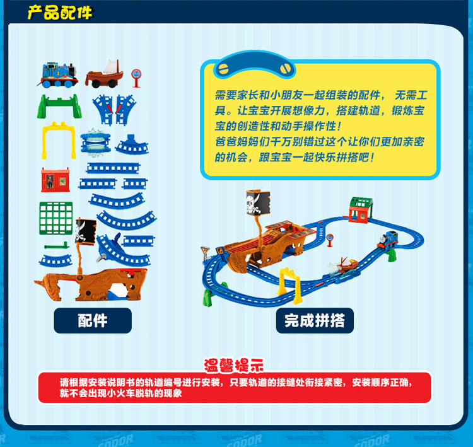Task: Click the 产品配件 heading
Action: (60, 13)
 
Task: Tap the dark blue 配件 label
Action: (93, 321)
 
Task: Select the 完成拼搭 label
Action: (315, 321)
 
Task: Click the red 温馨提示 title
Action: (234, 366)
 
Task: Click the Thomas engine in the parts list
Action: (59, 76)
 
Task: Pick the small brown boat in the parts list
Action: (104, 74)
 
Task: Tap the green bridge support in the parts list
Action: (59, 106)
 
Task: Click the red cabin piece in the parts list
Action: (55, 180)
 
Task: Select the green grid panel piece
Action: (56, 218)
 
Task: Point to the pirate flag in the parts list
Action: (86, 231)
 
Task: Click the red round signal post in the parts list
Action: (136, 78)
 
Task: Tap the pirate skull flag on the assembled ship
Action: (258, 202)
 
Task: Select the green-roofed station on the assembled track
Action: (361, 210)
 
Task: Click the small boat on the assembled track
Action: (347, 265)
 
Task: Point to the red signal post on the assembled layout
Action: (330, 240)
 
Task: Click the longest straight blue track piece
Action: (113, 168)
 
